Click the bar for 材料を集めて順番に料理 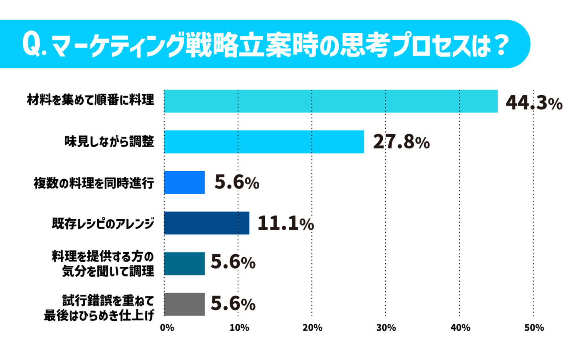[331, 101]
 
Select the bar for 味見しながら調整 [264, 142]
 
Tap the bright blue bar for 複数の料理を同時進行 [184, 182]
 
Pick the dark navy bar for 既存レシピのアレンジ [206, 223]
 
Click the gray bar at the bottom [184, 304]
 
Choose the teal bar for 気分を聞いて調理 [184, 264]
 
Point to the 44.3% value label [534, 103]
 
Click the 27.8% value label [401, 142]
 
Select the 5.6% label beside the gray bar [233, 304]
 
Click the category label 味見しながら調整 [109, 142]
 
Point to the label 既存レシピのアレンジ [103, 223]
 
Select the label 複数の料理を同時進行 [94, 183]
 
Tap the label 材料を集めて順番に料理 [90, 100]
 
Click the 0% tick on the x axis [167, 328]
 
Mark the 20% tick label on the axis [312, 328]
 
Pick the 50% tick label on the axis [534, 328]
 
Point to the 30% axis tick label [386, 328]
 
